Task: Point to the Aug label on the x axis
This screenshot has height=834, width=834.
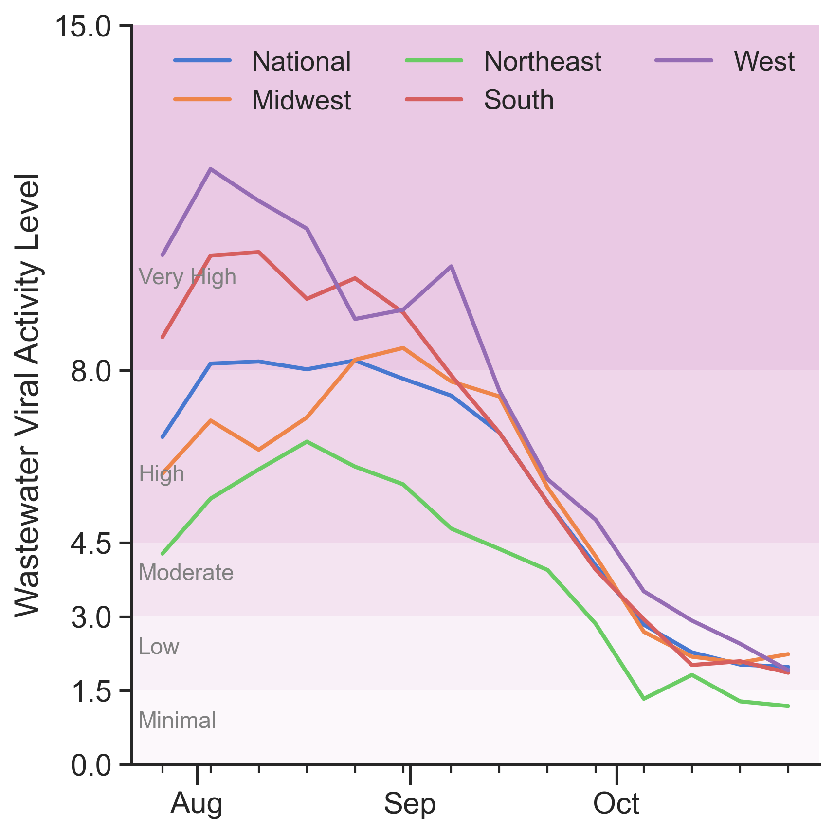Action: coord(197,804)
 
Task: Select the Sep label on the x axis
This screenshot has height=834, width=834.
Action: coord(410,804)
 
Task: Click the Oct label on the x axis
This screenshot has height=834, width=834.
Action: coord(616,804)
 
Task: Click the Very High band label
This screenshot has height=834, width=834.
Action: coord(187,277)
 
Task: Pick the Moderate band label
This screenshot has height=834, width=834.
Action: coord(186,573)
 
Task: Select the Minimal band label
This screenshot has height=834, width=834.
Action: coord(177,721)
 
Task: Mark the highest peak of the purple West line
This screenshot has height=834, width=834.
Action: coord(210,169)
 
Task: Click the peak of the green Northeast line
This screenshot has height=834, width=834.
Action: coord(307,441)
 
